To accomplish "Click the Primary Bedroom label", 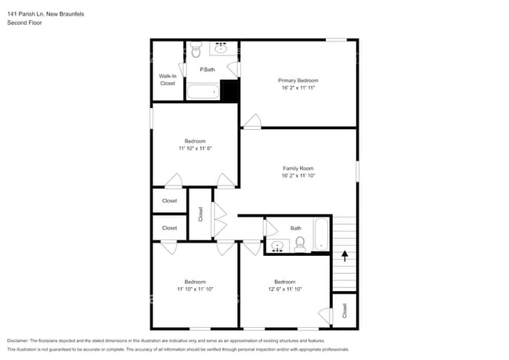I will [x=298, y=81].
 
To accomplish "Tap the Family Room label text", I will [x=298, y=168].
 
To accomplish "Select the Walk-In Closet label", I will [x=168, y=79].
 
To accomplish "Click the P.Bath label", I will [x=208, y=70].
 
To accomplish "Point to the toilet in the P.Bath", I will [x=196, y=50].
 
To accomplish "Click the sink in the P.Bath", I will [x=221, y=49].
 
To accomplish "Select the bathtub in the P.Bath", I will [x=203, y=92].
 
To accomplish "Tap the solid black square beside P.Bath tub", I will [x=229, y=91].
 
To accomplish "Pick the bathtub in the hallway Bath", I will [x=323, y=236].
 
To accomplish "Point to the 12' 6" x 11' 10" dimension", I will [x=284, y=289].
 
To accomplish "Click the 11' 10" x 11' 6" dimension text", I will [x=195, y=148].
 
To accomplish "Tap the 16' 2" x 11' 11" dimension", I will [x=298, y=88].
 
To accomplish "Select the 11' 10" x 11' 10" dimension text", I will [x=195, y=289].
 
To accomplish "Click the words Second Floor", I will [x=25, y=23].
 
